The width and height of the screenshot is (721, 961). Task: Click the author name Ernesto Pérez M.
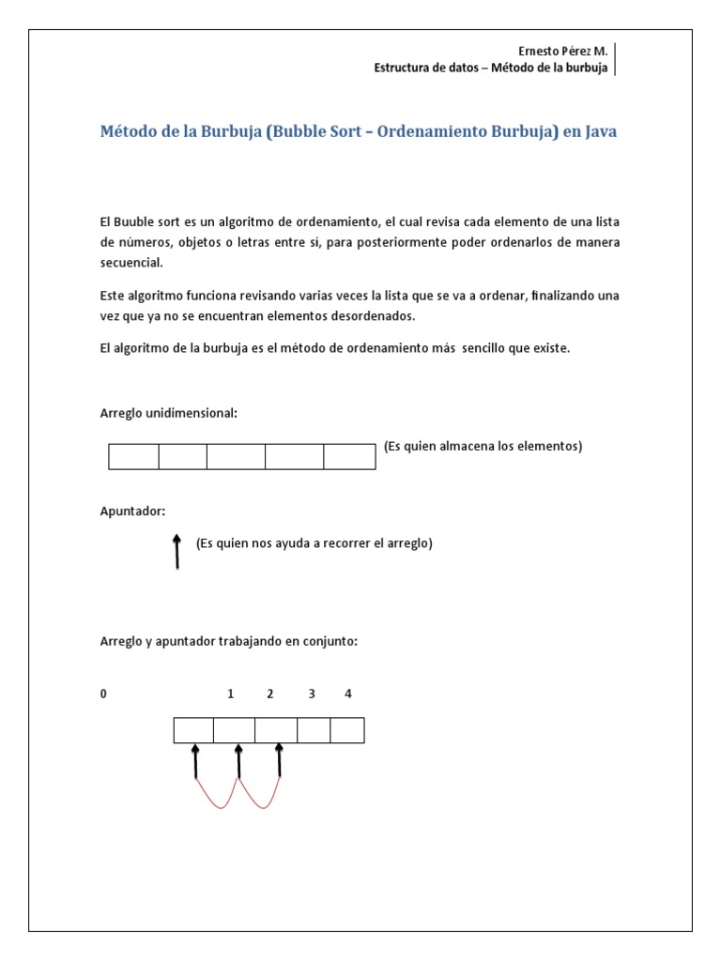tap(563, 53)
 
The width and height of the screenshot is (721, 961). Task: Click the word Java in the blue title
tap(601, 132)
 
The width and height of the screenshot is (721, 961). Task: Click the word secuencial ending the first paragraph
tap(131, 263)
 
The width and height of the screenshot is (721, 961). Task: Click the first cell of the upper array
tap(133, 457)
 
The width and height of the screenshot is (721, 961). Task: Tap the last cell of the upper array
tap(349, 457)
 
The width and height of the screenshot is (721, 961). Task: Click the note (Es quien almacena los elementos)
tap(483, 447)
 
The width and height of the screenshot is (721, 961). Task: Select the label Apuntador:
tap(132, 511)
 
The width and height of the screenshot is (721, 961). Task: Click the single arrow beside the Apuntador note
tap(176, 552)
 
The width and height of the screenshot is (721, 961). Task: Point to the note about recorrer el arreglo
tap(314, 543)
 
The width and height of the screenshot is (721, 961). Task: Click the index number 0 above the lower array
tap(104, 694)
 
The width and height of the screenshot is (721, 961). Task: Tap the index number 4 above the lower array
tap(348, 694)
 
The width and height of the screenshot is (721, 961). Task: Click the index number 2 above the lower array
tap(269, 694)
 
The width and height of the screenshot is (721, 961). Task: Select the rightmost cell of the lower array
tap(347, 730)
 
